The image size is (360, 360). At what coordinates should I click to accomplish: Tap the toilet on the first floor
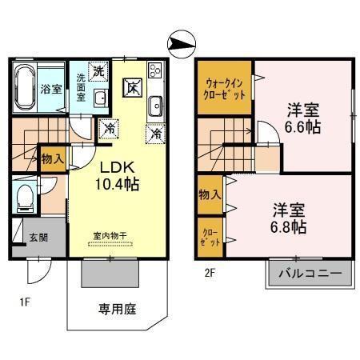25,196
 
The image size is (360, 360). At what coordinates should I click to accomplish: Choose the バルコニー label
310,274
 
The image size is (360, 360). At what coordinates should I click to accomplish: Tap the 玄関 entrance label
38,237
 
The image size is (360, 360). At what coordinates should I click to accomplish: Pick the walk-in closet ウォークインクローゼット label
226,86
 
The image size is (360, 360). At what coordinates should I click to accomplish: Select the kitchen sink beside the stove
155,103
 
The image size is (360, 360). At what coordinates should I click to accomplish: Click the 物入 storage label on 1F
53,158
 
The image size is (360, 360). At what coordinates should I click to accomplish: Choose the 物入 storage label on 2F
210,195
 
